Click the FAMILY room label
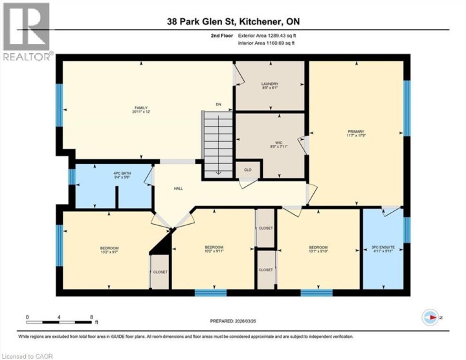click(140, 110)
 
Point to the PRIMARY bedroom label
click(357, 134)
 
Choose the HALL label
click(178, 189)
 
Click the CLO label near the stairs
click(247, 171)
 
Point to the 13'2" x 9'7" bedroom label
click(109, 249)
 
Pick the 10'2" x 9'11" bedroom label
click(214, 249)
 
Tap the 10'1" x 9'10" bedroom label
click(318, 249)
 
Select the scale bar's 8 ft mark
click(92, 317)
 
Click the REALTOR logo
click(27, 32)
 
